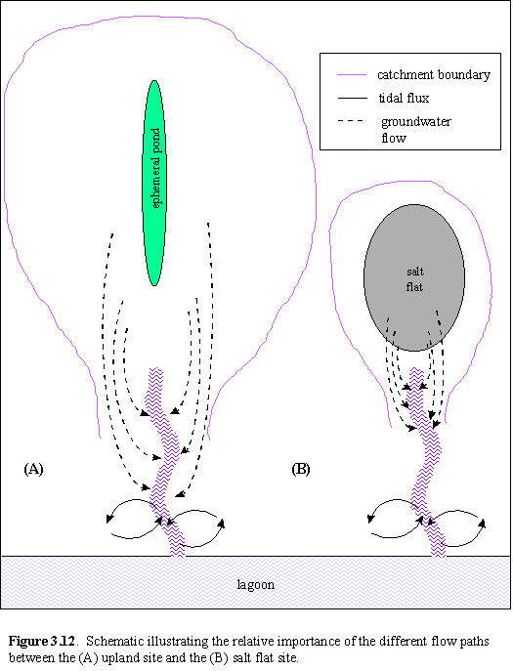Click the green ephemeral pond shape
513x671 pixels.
tap(154, 183)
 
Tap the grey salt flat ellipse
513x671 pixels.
tap(414, 277)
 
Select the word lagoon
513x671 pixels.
tap(256, 585)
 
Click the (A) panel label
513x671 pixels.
tap(33, 469)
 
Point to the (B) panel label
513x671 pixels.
tap(301, 469)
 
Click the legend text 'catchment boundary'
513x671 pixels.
tap(433, 75)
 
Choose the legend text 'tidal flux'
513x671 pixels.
tap(404, 98)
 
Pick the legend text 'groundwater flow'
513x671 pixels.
tap(416, 130)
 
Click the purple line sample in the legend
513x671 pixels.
tap(352, 75)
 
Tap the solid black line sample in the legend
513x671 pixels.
tap(353, 99)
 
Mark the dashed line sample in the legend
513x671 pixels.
tap(351, 121)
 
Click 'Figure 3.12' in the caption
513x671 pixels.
tap(42, 641)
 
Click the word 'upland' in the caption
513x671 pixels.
tap(117, 657)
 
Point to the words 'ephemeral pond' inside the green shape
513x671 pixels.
tap(155, 168)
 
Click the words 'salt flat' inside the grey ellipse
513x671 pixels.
tap(415, 279)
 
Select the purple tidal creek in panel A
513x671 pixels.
tap(166, 462)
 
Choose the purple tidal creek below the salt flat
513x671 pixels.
tap(427, 462)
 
